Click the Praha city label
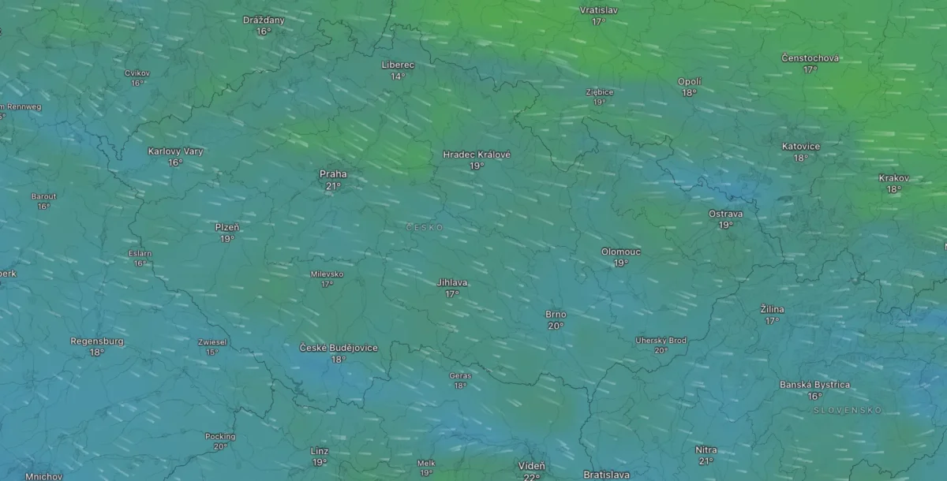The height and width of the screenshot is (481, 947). [x=332, y=174]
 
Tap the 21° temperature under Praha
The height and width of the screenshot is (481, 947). [x=333, y=186]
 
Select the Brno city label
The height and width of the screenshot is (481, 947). [x=556, y=314]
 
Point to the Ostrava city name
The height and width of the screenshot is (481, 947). [x=725, y=214]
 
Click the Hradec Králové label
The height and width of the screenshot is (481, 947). [x=477, y=155]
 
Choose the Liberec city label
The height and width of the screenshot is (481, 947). [x=398, y=65]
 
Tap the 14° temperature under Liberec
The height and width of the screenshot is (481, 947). [x=398, y=76]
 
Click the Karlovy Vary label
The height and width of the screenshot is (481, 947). [x=175, y=151]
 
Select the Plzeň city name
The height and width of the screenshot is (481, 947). [x=227, y=227]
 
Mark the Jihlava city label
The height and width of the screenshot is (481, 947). [x=452, y=282]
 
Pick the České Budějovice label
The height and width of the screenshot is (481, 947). [x=339, y=348]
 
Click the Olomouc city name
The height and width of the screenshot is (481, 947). [x=621, y=252]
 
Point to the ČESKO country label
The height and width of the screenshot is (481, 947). [x=425, y=227]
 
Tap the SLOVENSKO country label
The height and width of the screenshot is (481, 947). [x=848, y=411]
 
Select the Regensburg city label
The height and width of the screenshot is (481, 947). [x=97, y=341]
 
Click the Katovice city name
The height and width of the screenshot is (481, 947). [x=801, y=147]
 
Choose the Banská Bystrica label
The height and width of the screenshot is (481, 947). [x=814, y=385]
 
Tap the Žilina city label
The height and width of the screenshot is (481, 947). [x=772, y=309]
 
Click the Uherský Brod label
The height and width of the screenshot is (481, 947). [x=661, y=341]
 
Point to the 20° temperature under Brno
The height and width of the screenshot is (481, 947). [x=556, y=326]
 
